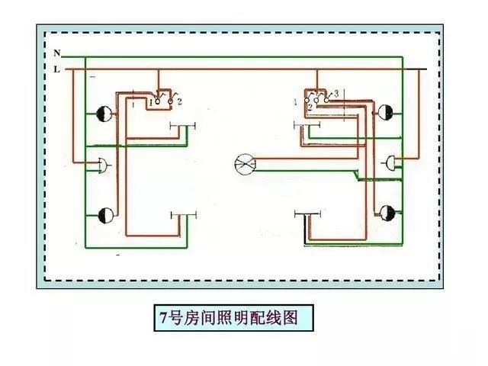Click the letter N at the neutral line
pos(57,53)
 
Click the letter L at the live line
pos(57,69)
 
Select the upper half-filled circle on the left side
pos(105,115)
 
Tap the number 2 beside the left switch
pos(178,101)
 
